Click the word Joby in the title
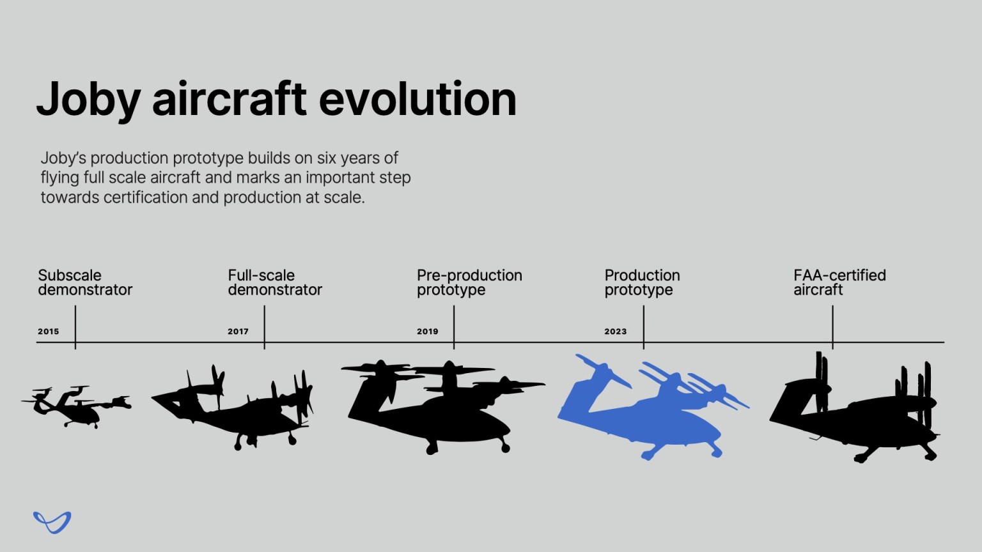tap(88, 100)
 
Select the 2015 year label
tap(48, 332)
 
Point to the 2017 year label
tap(238, 332)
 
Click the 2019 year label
tap(427, 332)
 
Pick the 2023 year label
tap(615, 332)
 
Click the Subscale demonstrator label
tap(84, 282)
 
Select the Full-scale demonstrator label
tap(274, 282)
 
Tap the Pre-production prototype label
tap(469, 282)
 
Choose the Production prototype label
tap(642, 282)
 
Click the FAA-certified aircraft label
tap(839, 282)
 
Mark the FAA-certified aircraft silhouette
tap(857, 422)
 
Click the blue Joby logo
tap(52, 522)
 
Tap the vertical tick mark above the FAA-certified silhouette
tap(832, 326)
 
